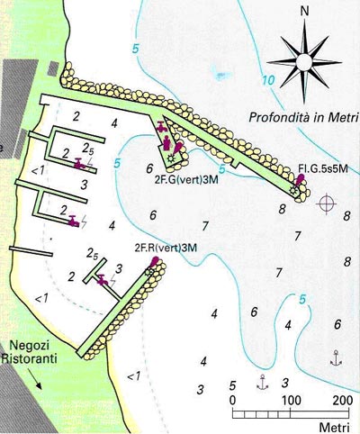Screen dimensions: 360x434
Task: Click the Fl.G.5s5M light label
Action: pos(321,168)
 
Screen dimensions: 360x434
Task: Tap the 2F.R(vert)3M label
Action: pos(160,248)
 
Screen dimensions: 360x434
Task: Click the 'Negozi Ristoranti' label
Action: pos(31,352)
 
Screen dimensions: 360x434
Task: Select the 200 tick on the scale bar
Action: pos(342,400)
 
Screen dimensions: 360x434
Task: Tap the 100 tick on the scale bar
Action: pos(291,400)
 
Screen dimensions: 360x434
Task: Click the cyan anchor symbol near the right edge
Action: pos(337,357)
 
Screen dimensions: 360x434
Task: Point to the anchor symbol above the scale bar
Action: pos(262,382)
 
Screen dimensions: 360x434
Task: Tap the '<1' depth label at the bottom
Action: pos(133,376)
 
